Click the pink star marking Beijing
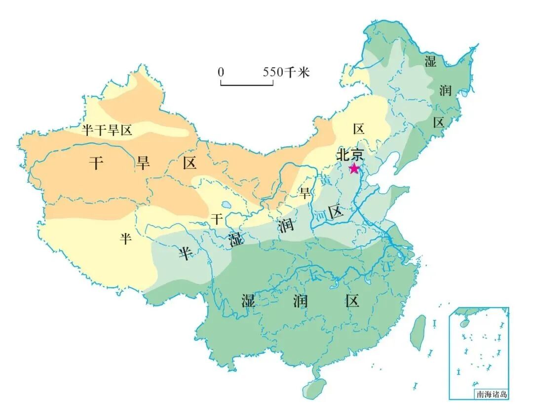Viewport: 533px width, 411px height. (x=354, y=169)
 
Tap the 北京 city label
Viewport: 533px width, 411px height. (x=350, y=154)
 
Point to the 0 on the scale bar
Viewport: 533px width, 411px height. (x=221, y=72)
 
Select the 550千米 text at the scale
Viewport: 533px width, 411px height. (x=286, y=72)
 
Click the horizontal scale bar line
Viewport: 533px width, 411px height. (x=247, y=84)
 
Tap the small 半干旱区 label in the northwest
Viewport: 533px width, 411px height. (x=107, y=130)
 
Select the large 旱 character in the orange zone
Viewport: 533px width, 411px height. (x=143, y=163)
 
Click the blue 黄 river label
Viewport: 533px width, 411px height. (x=326, y=181)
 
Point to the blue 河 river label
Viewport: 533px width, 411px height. (x=321, y=215)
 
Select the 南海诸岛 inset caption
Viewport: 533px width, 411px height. (x=492, y=394)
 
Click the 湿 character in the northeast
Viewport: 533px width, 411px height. (x=430, y=61)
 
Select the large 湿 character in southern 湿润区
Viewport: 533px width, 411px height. (x=248, y=300)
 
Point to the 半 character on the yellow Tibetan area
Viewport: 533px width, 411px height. (x=125, y=239)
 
